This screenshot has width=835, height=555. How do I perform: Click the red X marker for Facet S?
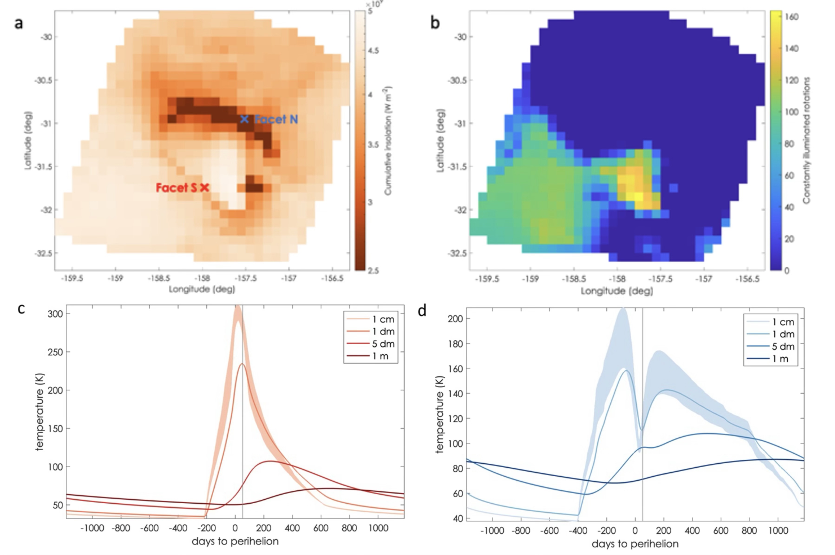tap(205, 188)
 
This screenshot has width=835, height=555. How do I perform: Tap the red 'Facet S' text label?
tap(176, 188)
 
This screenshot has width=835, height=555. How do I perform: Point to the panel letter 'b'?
tap(435, 23)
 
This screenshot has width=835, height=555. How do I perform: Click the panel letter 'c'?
tap(21, 309)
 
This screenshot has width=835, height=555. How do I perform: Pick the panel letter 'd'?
tap(422, 311)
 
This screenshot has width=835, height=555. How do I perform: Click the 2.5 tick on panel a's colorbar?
tap(373, 271)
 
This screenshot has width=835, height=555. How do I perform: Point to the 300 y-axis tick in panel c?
tap(55, 314)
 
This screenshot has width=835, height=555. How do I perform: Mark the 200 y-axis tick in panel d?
tap(455, 319)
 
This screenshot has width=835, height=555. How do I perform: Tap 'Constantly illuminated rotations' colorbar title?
tap(806, 140)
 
